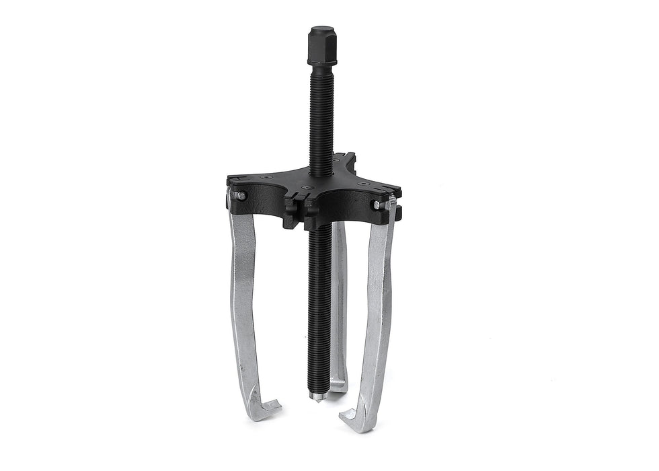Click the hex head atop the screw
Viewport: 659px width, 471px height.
[321, 40]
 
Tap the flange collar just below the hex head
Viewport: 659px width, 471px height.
[321, 61]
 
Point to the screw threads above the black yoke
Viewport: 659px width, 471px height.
[321, 114]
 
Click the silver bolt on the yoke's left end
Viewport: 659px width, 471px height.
[240, 196]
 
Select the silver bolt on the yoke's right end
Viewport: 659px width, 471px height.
[378, 204]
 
